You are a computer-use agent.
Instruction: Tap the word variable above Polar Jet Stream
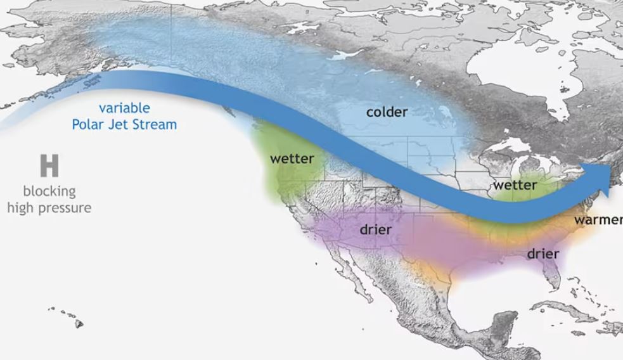[x=124, y=108]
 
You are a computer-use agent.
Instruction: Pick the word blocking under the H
[x=49, y=191]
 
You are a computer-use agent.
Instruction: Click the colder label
[x=387, y=112]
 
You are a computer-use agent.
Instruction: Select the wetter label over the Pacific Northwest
[x=292, y=158]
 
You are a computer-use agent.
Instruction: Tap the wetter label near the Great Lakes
[x=515, y=185]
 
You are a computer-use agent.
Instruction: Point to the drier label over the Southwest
[x=375, y=229]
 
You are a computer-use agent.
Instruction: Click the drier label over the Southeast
[x=543, y=254]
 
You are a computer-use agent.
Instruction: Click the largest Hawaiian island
[x=79, y=324]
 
